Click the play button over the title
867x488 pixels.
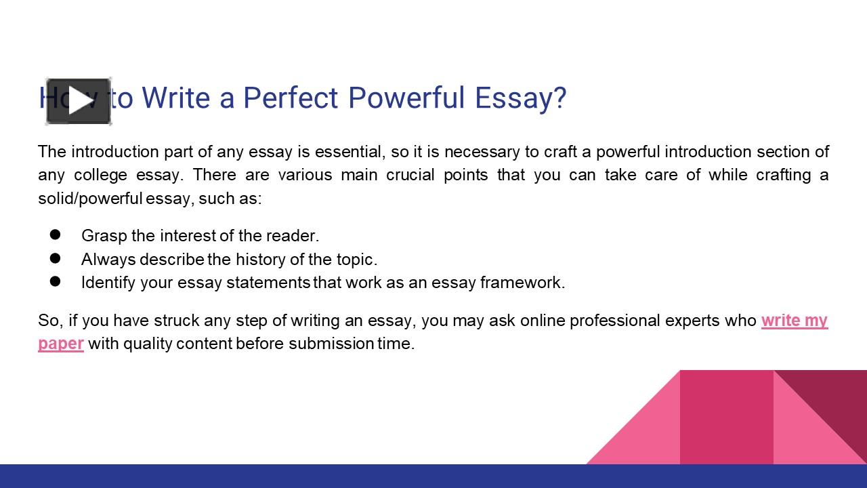tap(79, 102)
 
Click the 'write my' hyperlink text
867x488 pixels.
tap(794, 320)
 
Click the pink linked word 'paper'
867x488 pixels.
tap(61, 344)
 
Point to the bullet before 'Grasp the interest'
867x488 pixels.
tap(56, 235)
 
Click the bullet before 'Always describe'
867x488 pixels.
tap(56, 258)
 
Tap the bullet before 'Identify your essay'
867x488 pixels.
tap(56, 281)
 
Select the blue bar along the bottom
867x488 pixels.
tap(433, 476)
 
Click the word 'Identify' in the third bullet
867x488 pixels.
tap(108, 283)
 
